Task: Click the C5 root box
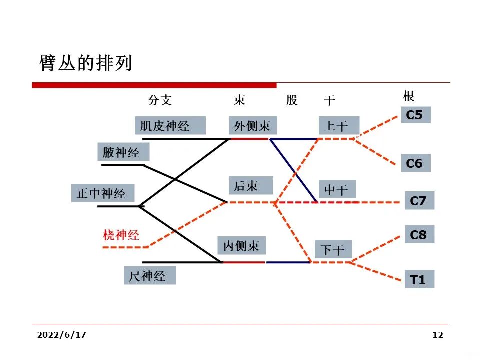[415, 115]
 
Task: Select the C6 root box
[415, 163]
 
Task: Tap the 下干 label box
[333, 249]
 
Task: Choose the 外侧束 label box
[252, 125]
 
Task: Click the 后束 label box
[251, 186]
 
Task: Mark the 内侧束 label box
[242, 246]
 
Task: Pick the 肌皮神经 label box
[170, 125]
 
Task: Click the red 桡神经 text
[121, 234]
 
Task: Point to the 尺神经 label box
[149, 275]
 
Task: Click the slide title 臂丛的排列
[85, 63]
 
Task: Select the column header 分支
[160, 100]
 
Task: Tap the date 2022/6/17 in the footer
[61, 335]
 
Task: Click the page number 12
[437, 335]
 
